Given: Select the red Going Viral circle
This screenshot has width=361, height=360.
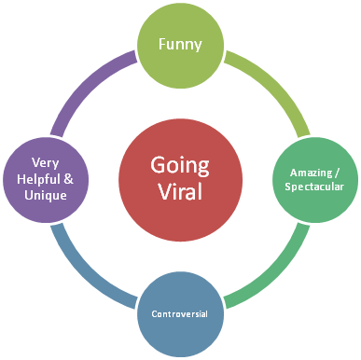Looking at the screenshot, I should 179,180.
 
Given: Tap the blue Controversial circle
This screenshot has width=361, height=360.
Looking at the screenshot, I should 179,312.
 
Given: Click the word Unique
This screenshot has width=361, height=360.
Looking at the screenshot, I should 44,195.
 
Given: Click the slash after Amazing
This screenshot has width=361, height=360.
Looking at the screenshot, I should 339,172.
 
